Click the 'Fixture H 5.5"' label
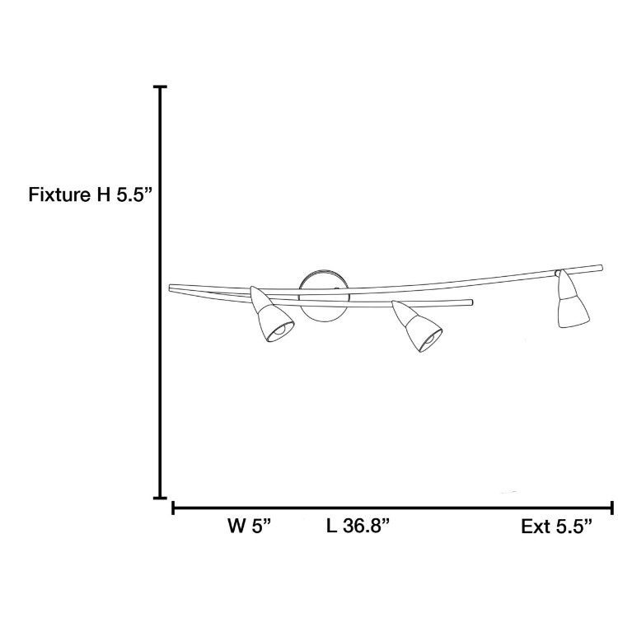pos(90,194)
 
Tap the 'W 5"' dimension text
pos(250,526)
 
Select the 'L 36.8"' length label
pos(358,526)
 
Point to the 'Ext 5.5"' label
pos(556,527)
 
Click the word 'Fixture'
pos(59,194)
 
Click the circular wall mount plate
pos(324,296)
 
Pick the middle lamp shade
pos(417,326)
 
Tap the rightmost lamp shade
pos(573,299)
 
